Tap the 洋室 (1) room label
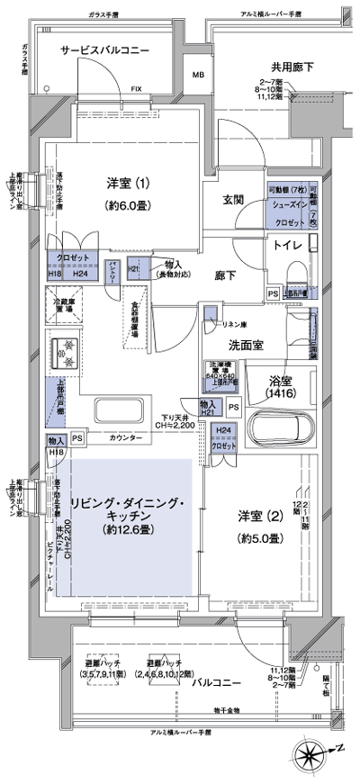coord(129,184)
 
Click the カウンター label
coord(125,437)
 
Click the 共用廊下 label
coord(292,68)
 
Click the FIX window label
coord(136,89)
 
